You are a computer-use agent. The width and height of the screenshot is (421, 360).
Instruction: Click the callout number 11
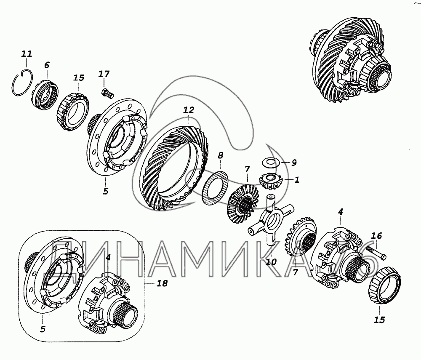[x=27, y=54]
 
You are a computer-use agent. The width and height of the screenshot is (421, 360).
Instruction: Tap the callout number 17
[x=104, y=74]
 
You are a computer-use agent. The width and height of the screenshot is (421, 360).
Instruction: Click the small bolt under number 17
[x=107, y=94]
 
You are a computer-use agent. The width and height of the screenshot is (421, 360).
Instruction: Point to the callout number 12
[x=189, y=110]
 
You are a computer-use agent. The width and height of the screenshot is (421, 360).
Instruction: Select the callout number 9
[x=294, y=163]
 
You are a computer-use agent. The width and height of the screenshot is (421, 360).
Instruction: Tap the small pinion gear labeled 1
[x=269, y=181]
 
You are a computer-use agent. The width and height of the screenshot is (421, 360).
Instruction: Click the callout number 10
[x=271, y=261]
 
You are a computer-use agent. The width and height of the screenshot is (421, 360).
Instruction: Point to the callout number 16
[x=376, y=236]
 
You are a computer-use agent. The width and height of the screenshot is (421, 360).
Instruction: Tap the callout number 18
[x=162, y=283]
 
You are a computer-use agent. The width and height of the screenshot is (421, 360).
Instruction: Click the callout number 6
[x=47, y=65]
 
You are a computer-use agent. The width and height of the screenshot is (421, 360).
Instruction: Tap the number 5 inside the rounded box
[x=43, y=328]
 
